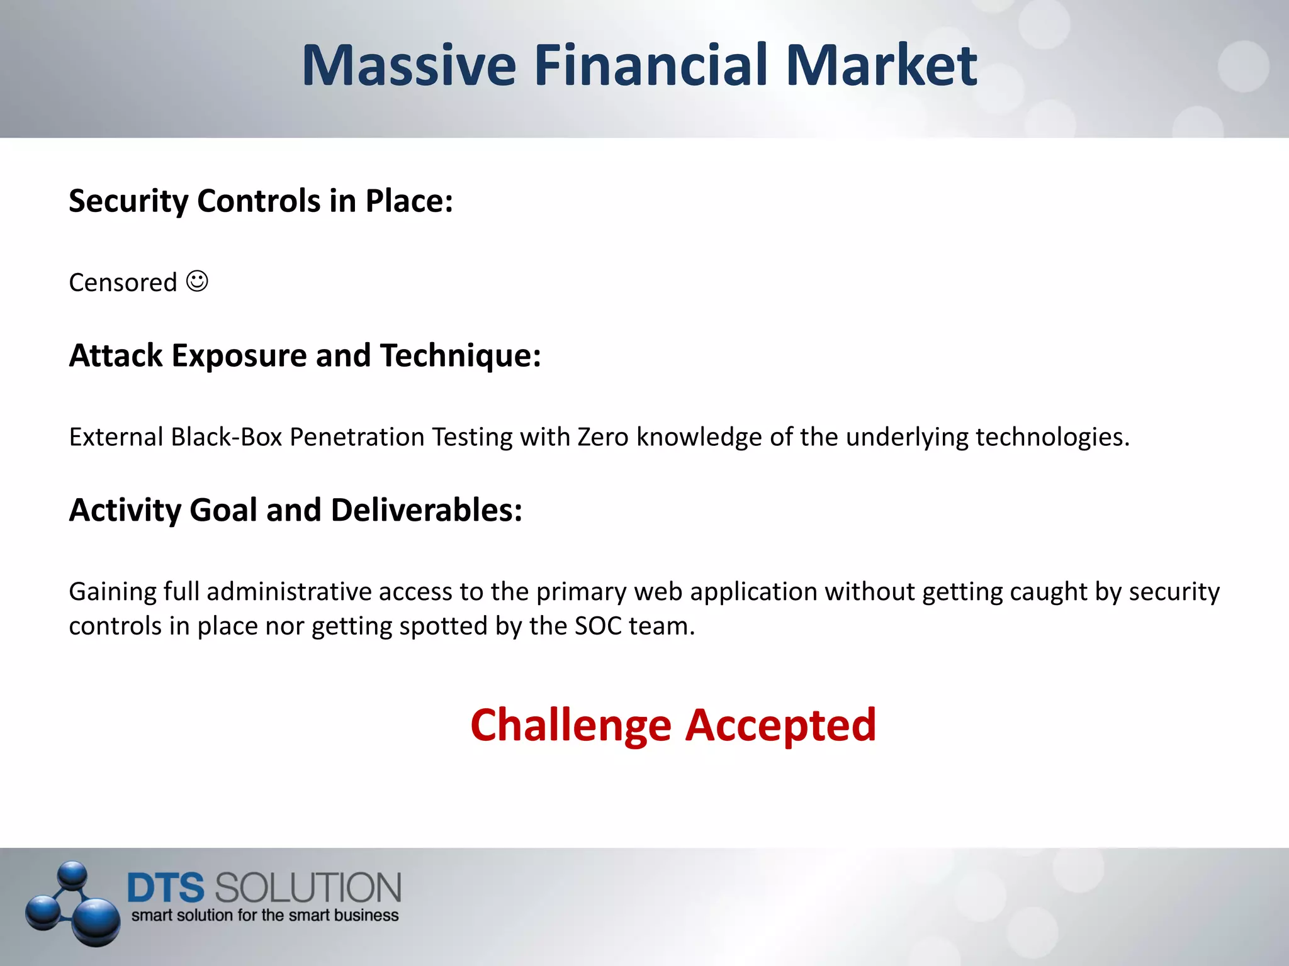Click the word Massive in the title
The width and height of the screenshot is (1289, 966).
pos(409,65)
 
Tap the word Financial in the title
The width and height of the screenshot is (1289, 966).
pos(651,65)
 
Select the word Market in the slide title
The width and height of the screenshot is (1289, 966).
pos(881,65)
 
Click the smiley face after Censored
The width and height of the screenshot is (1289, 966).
pos(197,280)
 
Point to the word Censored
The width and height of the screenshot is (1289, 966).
pos(123,283)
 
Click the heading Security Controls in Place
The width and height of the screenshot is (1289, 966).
pos(261,201)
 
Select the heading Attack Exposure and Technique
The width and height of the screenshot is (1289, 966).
pos(305,356)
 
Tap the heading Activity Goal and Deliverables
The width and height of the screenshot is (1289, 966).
pos(295,510)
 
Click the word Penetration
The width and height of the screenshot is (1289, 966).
pos(357,437)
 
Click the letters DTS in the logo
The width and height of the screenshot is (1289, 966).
pos(166,888)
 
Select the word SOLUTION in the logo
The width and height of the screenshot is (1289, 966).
pos(308,888)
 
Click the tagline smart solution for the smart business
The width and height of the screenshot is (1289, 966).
pos(264,916)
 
